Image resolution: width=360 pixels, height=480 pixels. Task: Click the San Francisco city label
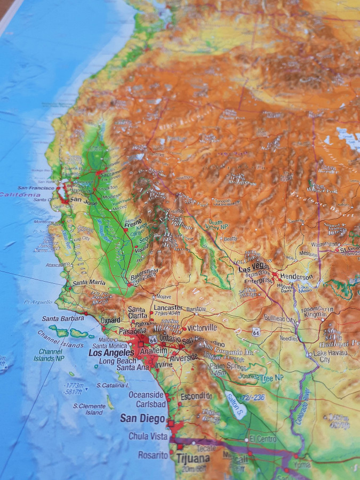(36, 188)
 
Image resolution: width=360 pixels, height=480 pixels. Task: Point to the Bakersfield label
(143, 271)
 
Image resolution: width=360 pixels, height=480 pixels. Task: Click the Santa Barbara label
(63, 318)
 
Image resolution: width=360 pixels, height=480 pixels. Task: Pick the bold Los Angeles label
(111, 353)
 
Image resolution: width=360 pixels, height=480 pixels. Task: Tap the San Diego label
(142, 419)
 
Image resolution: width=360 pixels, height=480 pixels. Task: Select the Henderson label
(297, 277)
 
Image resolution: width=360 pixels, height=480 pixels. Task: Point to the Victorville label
(202, 327)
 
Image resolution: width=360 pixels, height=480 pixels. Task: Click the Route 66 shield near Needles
(256, 332)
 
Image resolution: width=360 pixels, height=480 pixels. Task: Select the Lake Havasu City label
(329, 356)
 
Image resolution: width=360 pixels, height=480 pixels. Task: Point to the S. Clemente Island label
(88, 409)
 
